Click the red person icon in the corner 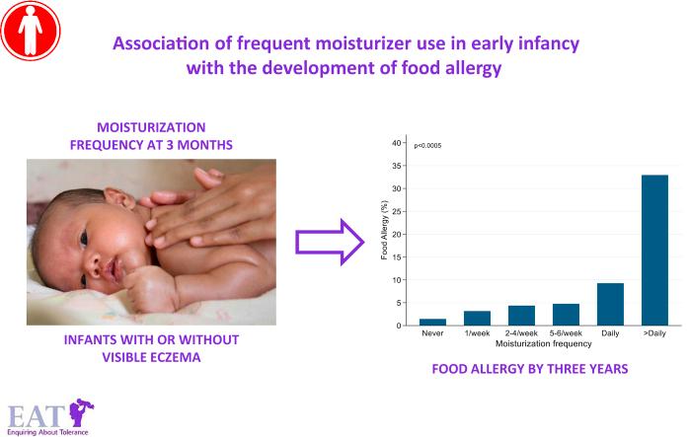point(32,32)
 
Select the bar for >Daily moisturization point(654,250)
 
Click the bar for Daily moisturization point(609,305)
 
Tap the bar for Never point(432,322)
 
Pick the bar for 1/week point(477,318)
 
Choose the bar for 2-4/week point(521,316)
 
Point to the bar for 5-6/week point(566,315)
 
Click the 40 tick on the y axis point(397,143)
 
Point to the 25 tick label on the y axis point(397,211)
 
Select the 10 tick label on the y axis point(397,280)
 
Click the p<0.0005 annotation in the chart point(427,146)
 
